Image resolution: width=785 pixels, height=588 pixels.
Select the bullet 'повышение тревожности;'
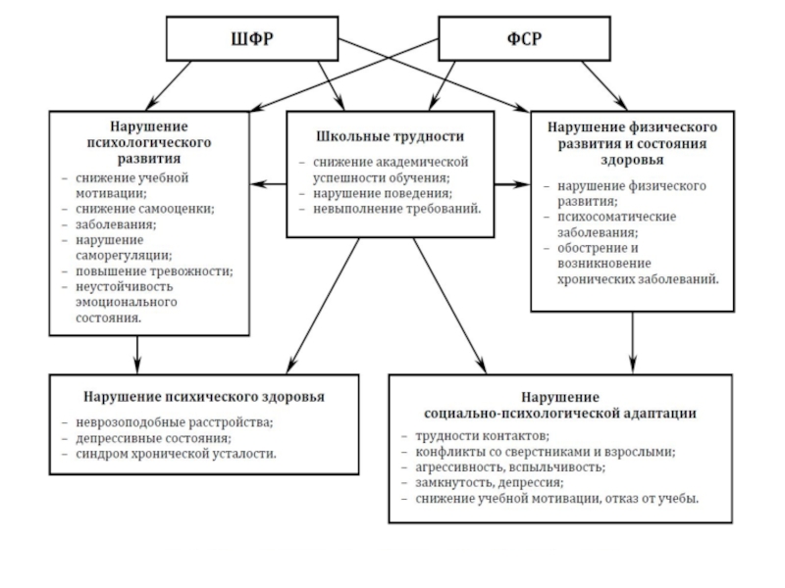[153, 270]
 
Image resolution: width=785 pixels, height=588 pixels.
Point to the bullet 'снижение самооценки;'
[143, 208]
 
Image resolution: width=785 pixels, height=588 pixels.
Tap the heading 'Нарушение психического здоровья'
[189, 397]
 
